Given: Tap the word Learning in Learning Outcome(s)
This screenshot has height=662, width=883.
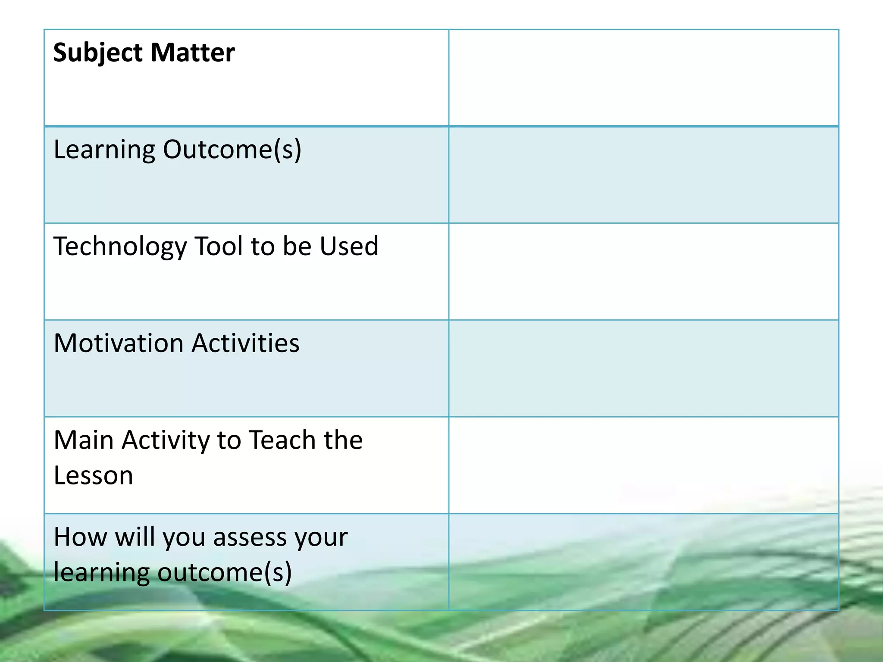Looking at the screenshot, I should pyautogui.click(x=104, y=150).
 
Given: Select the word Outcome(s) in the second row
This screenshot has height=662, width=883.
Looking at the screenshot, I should pyautogui.click(x=232, y=150).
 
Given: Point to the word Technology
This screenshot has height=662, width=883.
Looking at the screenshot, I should pyautogui.click(x=120, y=247).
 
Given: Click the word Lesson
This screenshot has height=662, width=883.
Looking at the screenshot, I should pyautogui.click(x=93, y=476).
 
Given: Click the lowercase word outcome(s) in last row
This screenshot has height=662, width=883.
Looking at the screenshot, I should pyautogui.click(x=225, y=573).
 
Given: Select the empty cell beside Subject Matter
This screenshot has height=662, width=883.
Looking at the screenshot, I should pyautogui.click(x=643, y=78).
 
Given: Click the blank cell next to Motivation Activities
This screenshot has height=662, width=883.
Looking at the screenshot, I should pyautogui.click(x=643, y=368).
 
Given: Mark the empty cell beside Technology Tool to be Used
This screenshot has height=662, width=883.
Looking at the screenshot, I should pyautogui.click(x=643, y=272).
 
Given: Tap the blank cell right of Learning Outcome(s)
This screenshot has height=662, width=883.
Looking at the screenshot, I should pyautogui.click(x=643, y=175).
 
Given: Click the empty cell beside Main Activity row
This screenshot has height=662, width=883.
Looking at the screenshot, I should pyautogui.click(x=643, y=465).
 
